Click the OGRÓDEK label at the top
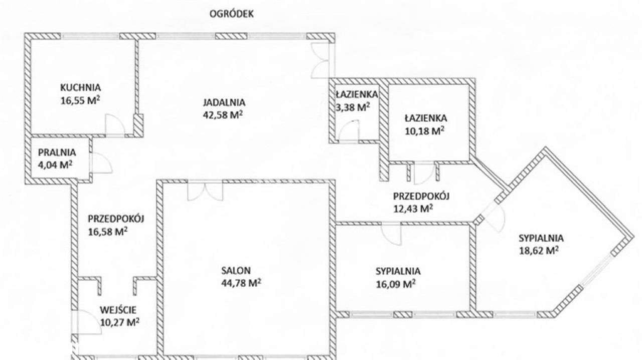231,14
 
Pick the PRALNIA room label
56,152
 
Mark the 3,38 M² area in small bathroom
353,106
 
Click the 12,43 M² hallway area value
413,208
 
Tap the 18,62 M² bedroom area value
539,250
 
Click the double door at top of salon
204,191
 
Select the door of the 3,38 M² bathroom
349,132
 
